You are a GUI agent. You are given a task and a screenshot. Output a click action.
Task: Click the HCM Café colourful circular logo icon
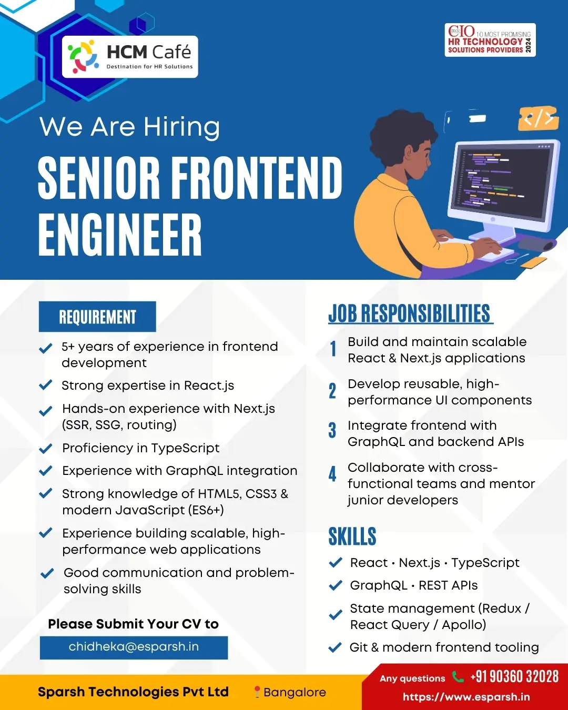click(x=83, y=56)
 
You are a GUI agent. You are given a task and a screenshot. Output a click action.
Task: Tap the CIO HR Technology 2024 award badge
click(x=490, y=40)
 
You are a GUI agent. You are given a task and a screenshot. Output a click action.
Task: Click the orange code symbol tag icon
click(x=539, y=118)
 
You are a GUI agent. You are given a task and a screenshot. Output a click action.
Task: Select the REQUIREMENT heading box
click(x=97, y=317)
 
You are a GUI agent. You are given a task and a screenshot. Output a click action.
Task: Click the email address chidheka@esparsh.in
click(x=134, y=647)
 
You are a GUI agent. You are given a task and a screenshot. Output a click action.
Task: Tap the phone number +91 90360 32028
click(x=514, y=676)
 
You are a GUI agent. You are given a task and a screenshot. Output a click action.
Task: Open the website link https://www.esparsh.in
click(x=466, y=697)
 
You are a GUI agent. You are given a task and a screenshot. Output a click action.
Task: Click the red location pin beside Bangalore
click(x=257, y=692)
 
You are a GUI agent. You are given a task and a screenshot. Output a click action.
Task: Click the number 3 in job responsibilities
click(x=332, y=430)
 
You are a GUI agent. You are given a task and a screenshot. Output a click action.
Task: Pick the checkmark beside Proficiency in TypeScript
click(x=46, y=449)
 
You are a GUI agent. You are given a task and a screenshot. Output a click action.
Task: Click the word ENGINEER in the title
click(x=120, y=235)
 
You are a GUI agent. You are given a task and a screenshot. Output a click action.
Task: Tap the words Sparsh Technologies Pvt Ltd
click(x=134, y=692)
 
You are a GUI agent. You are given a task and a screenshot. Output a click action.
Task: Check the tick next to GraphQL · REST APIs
click(x=336, y=585)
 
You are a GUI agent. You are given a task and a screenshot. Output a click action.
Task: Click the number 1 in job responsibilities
click(x=333, y=349)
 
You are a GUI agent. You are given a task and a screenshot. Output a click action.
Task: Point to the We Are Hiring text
click(x=129, y=127)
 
